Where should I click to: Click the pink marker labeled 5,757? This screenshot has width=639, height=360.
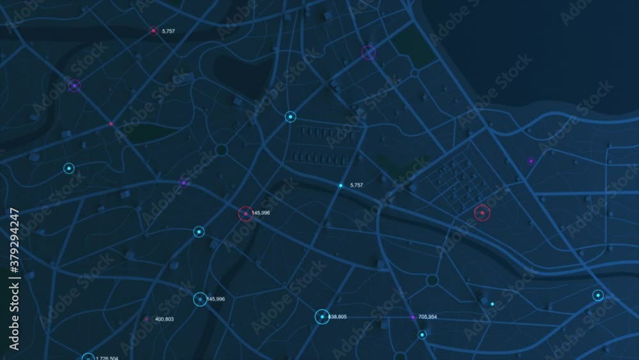click(153, 31)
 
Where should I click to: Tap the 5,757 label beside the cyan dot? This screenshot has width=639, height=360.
click(357, 185)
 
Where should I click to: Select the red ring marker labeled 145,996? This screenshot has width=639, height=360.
click(246, 214)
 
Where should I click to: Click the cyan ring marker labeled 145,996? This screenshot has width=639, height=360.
click(200, 299)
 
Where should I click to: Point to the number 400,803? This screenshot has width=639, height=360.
click(164, 319)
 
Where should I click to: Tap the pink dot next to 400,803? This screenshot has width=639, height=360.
click(146, 318)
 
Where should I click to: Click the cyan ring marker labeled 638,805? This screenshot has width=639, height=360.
click(322, 317)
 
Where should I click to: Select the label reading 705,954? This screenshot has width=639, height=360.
click(427, 317)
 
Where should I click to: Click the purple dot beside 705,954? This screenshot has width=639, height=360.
click(413, 317)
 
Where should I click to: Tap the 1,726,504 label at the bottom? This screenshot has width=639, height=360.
click(106, 358)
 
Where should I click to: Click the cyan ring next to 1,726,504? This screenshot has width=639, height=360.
click(88, 357)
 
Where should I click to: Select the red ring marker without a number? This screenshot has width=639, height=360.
click(482, 213)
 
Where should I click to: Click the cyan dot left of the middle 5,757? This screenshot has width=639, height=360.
click(341, 185)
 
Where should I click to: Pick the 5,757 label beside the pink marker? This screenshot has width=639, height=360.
click(169, 31)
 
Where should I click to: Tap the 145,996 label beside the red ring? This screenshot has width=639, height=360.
click(261, 213)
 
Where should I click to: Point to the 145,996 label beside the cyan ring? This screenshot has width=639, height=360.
click(216, 299)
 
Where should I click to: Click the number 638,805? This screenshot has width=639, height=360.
click(337, 317)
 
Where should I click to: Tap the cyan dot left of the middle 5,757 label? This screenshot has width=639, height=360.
click(341, 185)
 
